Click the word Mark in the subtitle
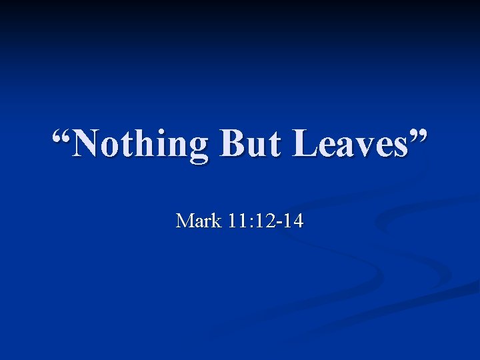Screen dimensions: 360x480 tap(197, 221)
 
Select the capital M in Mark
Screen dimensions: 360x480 tap(184, 221)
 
